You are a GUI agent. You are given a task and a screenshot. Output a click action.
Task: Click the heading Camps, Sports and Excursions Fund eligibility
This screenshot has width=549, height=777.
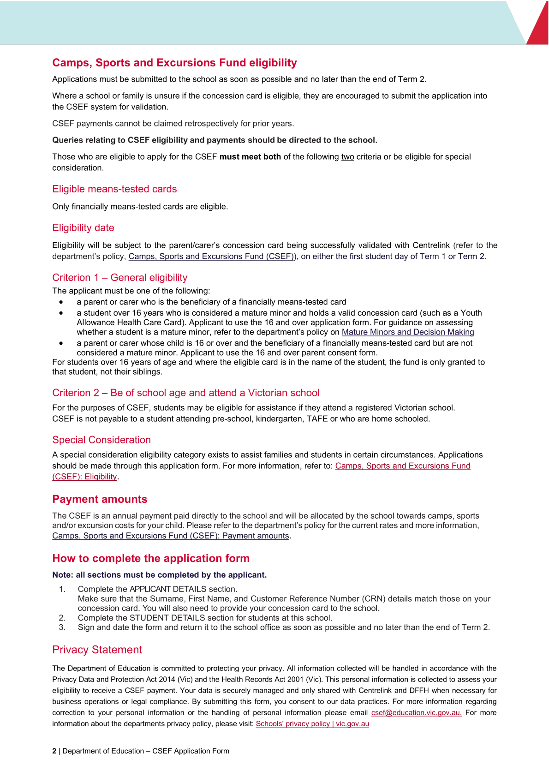174,63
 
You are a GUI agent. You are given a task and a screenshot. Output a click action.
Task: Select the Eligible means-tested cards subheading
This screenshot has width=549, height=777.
114,189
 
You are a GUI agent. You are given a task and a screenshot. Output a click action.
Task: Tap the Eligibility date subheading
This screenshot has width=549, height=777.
83,228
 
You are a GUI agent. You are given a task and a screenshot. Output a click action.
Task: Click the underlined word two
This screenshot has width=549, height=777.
347,157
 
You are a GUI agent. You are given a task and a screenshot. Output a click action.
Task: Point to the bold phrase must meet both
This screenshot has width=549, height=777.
250,157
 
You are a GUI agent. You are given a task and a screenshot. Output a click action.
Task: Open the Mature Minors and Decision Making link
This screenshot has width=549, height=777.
408,332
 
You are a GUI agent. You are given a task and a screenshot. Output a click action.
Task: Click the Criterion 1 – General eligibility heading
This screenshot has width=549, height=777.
119,278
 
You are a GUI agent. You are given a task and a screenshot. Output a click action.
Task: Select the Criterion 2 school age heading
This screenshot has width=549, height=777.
185,393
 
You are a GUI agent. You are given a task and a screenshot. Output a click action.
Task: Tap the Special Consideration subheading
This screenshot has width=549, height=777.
101,440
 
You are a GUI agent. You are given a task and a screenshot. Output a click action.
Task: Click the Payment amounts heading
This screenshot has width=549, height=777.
100,499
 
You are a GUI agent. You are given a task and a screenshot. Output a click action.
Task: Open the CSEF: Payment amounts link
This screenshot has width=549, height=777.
171,536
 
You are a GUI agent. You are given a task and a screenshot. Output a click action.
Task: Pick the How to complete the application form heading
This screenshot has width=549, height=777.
151,558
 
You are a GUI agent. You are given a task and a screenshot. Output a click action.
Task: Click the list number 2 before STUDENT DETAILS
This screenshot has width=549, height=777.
62,618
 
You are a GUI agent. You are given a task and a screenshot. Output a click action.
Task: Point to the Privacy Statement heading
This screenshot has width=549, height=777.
97,650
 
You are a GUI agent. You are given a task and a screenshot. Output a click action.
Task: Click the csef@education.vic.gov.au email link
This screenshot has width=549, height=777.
416,713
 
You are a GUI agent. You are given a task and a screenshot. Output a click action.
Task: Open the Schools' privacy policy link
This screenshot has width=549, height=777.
312,724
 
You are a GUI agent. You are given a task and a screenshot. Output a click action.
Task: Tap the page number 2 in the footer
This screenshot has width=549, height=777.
54,751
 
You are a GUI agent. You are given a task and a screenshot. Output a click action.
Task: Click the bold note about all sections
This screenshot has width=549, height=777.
159,575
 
